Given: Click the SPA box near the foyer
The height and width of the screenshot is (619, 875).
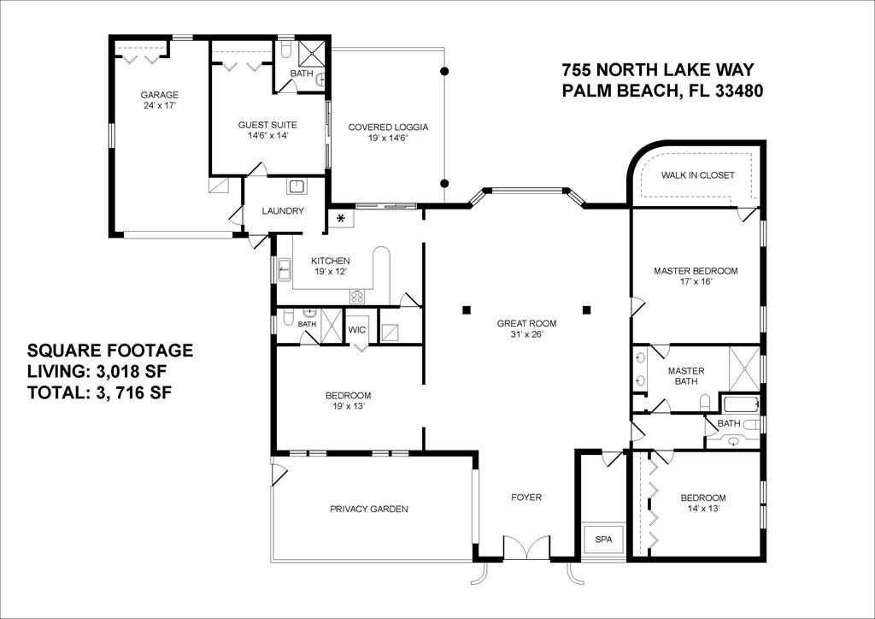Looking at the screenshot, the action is tap(603, 539).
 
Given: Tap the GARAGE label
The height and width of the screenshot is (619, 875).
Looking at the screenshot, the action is tap(159, 95).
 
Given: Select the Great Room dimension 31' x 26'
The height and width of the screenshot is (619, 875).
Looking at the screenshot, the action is tap(526, 334).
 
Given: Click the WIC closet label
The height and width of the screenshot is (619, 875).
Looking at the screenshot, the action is tap(356, 330).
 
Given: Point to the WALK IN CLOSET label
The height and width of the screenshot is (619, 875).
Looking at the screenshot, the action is tap(697, 175).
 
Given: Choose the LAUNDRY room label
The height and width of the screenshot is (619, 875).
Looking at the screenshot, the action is tap(283, 211).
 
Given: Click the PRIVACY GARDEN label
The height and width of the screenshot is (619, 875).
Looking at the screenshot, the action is tap(369, 509).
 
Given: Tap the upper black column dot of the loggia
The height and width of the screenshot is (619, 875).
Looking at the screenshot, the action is tap(444, 71).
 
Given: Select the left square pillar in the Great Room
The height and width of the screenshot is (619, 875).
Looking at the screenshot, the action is tap(466, 309).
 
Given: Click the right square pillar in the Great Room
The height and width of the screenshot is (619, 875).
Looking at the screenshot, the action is tap(586, 309).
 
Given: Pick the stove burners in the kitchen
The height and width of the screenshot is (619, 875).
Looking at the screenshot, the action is tap(357, 297).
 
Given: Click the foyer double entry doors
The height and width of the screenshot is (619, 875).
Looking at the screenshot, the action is tap(526, 547).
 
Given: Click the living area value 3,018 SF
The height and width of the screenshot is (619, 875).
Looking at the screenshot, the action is tap(128, 371).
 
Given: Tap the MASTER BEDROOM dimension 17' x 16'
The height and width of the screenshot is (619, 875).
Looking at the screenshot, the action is tap(696, 282).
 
